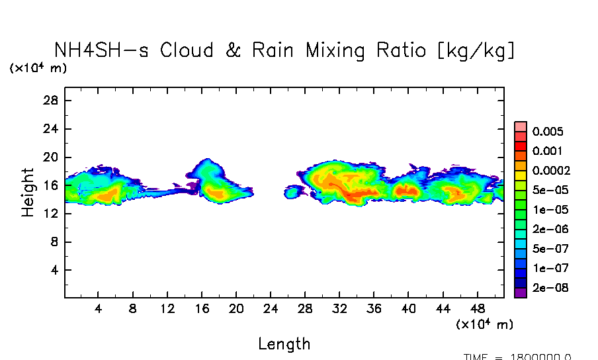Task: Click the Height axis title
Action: (x=28, y=192)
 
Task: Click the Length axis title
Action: (x=284, y=344)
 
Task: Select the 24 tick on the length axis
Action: (x=271, y=309)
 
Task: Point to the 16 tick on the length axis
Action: (x=202, y=309)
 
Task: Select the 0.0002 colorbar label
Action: (x=551, y=171)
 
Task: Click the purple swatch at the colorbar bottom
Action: (x=520, y=292)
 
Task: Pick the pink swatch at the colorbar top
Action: (x=520, y=126)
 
